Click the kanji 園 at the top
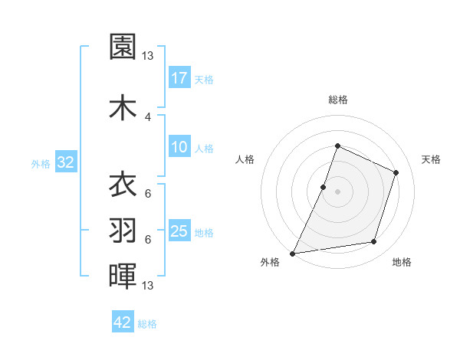123,47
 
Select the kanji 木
123,108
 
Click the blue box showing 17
179,78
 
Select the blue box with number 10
179,148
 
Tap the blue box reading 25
179,231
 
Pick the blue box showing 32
65,162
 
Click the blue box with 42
123,322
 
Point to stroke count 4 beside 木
148,116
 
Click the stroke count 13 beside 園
148,55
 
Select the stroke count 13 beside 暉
148,286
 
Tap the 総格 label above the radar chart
337,100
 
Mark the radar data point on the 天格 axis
396,172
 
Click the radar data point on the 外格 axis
293,253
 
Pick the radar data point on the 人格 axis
324,187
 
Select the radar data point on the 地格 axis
374,242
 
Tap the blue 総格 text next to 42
147,324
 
